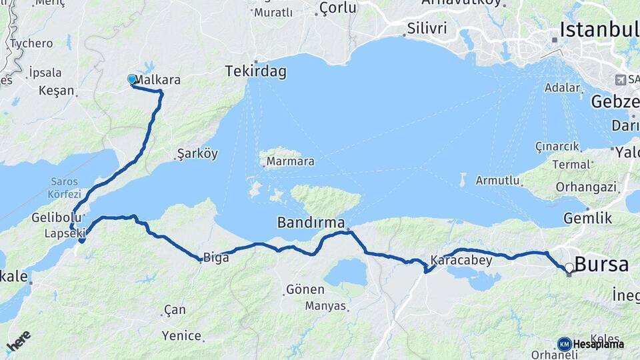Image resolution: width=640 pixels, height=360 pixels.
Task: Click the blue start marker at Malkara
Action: [132, 79]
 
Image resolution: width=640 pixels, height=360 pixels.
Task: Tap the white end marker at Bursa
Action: [569, 268]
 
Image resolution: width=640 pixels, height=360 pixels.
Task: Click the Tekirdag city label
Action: [255, 71]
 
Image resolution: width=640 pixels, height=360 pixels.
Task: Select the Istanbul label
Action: [599, 29]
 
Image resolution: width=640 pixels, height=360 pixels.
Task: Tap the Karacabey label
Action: [461, 260]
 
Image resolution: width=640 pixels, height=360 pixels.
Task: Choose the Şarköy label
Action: [197, 154]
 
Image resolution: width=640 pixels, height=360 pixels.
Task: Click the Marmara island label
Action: [290, 161]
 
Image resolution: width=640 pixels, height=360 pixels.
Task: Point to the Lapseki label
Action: [65, 233]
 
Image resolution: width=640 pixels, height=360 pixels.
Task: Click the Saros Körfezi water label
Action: [63, 187]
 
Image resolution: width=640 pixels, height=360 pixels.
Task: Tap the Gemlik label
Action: [587, 218]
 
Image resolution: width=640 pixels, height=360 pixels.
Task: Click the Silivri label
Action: [426, 28]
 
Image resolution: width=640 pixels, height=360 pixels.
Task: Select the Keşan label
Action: [56, 90]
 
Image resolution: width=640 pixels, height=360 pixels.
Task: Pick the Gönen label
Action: [305, 290]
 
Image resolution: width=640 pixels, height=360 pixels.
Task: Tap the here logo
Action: [18, 342]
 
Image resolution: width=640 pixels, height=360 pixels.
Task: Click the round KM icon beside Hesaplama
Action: [564, 344]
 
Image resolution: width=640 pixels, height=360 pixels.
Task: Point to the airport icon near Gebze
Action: [621, 79]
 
